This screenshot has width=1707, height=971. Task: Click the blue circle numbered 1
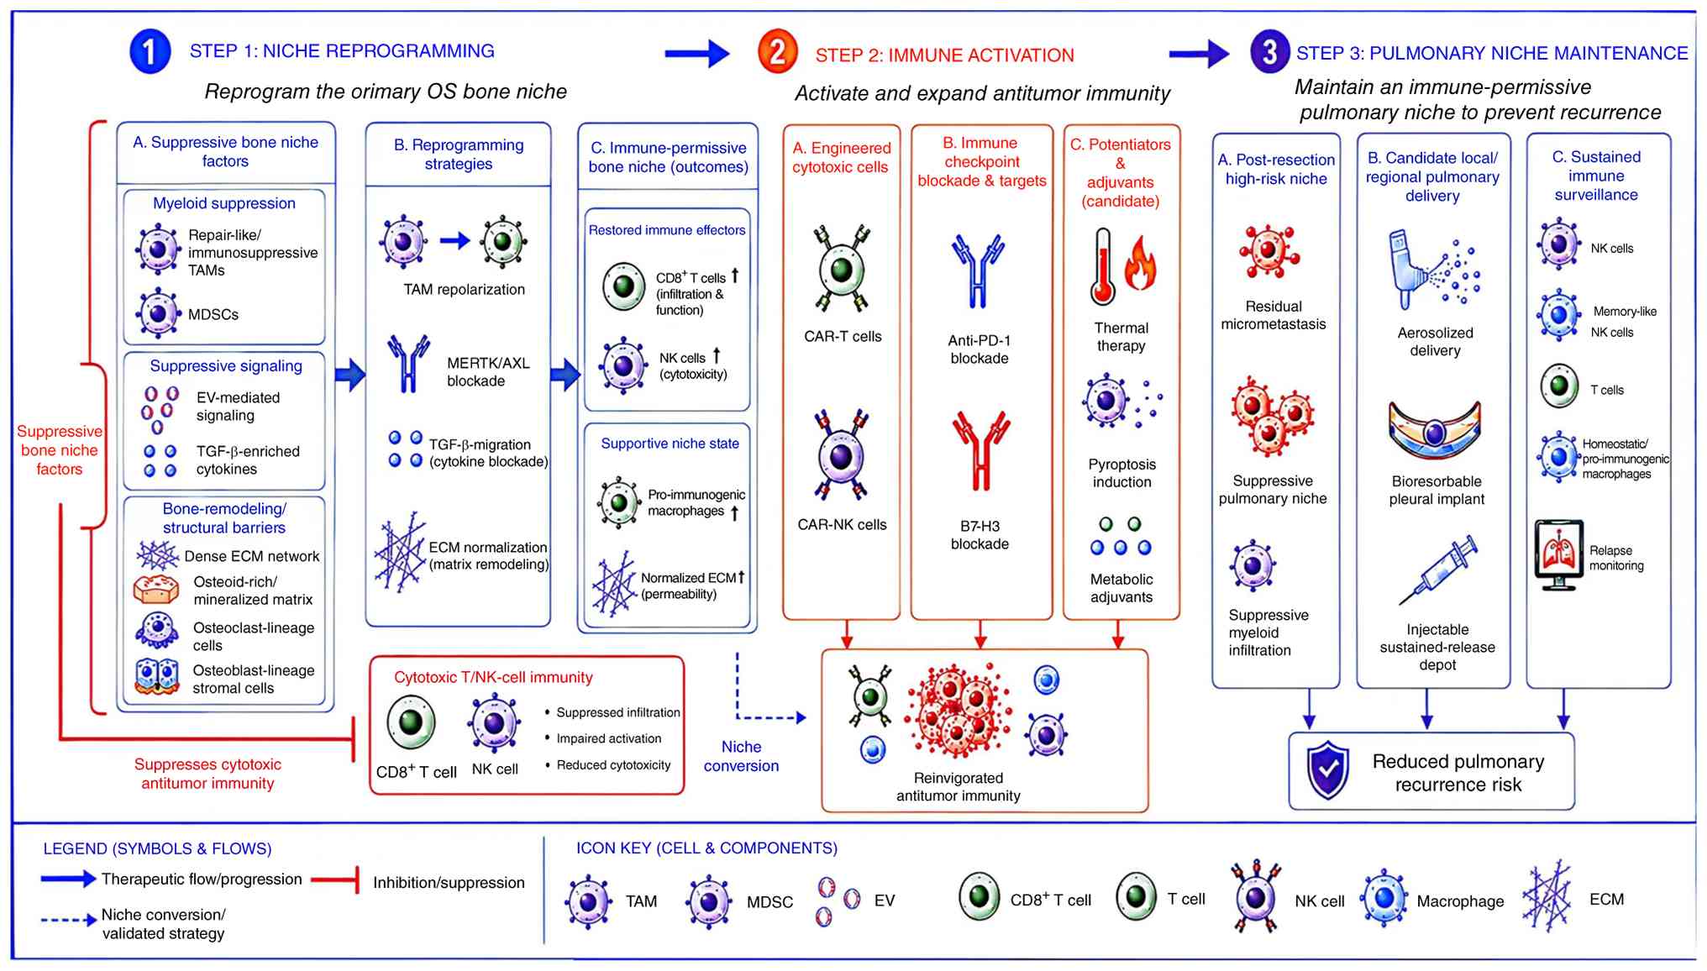pos(150,51)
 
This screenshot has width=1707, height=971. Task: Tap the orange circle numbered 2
pos(777,51)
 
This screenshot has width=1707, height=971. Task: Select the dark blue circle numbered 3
pos(1269,51)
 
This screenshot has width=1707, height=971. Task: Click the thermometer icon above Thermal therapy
pos(1102,267)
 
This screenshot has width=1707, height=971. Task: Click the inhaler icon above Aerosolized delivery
pos(1405,269)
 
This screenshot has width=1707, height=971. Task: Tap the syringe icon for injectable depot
pos(1438,569)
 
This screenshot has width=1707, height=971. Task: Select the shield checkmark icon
pos(1327,770)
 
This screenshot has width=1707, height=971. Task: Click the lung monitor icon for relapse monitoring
pos(1559,554)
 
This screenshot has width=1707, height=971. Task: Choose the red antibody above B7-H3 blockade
pos(980,449)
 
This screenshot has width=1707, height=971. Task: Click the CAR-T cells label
pos(843,337)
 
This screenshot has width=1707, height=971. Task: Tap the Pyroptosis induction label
pos(1122,473)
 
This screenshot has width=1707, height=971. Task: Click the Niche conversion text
pos(741,756)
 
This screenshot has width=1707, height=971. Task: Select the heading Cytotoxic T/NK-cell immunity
pos(493,677)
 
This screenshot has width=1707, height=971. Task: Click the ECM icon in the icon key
pos(1547,896)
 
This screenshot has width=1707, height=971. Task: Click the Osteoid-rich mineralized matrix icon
pos(156,590)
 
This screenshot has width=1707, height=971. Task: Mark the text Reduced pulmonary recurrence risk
pos(1458,773)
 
